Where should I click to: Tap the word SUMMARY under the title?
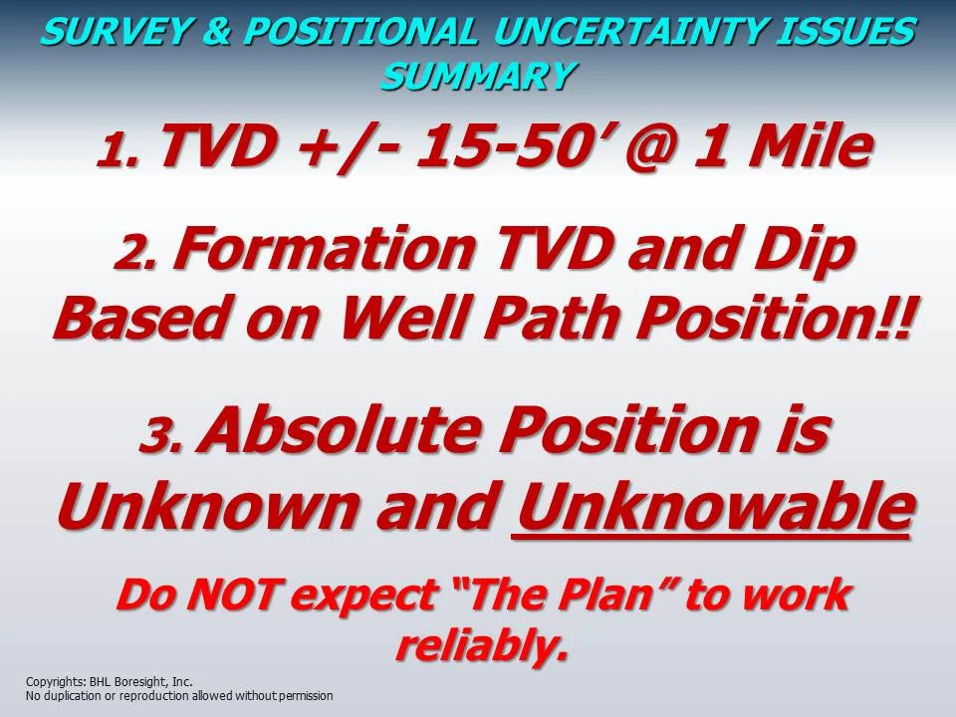[x=477, y=76]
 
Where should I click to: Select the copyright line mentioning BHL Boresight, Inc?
[x=110, y=682]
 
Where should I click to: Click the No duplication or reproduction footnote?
[x=179, y=696]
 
